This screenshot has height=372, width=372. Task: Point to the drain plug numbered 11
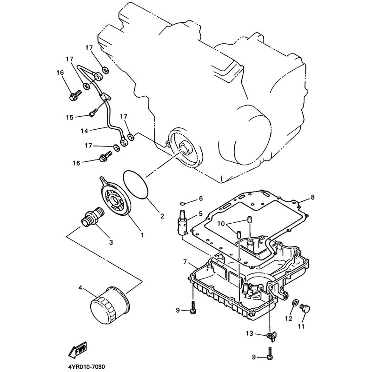click(x=305, y=309)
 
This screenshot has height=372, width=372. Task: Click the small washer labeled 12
click(x=294, y=303)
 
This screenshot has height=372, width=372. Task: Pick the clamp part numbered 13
click(x=272, y=335)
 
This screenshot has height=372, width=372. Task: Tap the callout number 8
click(x=312, y=197)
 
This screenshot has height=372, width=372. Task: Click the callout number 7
click(x=185, y=262)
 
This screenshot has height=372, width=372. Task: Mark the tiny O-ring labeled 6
click(x=183, y=203)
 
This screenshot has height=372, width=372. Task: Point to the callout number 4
click(x=80, y=288)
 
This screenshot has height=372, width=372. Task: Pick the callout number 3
click(x=111, y=242)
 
